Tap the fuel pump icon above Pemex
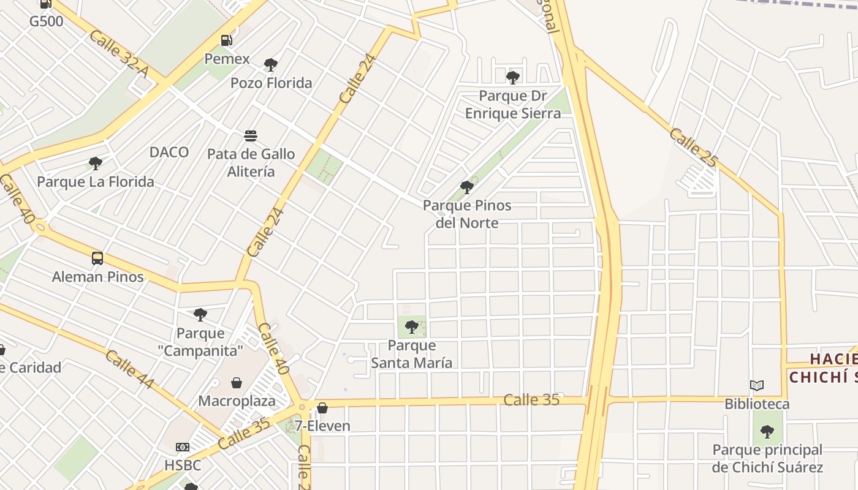coord(227,40)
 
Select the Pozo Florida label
coord(271,83)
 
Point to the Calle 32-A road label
coord(119,54)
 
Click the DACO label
coord(169,152)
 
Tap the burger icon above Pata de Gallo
coord(250,135)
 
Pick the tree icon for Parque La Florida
coord(95,164)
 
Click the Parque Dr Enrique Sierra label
coord(512,105)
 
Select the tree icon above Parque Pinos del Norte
coord(467,187)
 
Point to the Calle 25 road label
coord(693,148)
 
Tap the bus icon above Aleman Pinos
coord(97,258)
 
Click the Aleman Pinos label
coord(97,276)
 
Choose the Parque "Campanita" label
coord(200,342)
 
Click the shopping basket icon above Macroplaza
coord(237,383)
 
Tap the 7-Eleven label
coord(322,426)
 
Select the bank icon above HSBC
coord(183,447)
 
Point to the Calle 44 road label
coord(129,369)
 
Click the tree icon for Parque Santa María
coord(412,326)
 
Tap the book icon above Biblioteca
coord(757,385)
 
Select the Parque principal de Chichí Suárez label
coord(767,458)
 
